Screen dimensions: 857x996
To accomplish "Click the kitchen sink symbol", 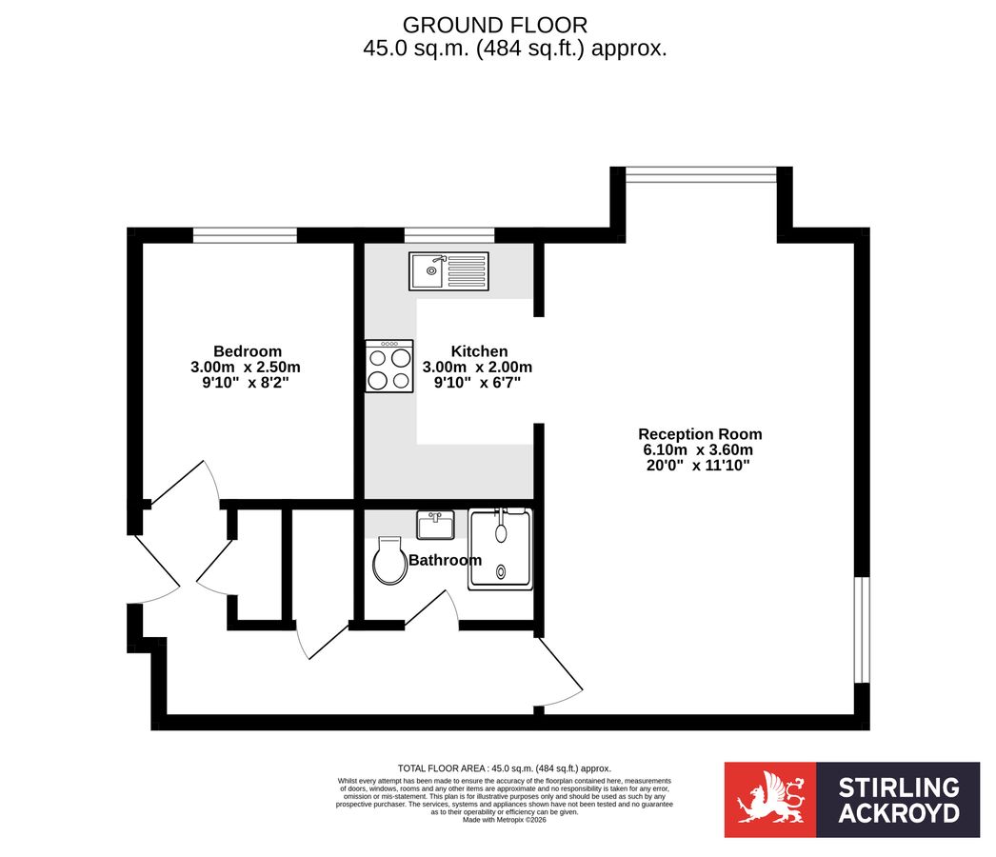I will (x=448, y=271).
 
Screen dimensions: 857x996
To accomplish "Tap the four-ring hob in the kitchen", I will (x=389, y=367).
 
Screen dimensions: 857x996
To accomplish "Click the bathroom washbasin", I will (x=435, y=525).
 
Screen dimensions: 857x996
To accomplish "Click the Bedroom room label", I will (x=247, y=351).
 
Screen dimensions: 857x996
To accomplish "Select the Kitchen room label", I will (x=479, y=351).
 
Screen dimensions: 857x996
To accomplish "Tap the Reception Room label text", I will (x=700, y=434).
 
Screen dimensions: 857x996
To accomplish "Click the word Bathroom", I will (x=445, y=561).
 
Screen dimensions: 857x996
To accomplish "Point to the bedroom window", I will (x=245, y=233).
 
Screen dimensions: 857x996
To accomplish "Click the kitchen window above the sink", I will (x=448, y=233).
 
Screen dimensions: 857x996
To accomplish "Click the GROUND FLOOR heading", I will (x=494, y=25).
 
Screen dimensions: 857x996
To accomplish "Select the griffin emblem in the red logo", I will (x=769, y=799).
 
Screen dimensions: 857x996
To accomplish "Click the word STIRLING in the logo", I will (x=898, y=787).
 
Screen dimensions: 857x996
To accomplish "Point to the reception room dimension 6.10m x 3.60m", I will (x=700, y=450).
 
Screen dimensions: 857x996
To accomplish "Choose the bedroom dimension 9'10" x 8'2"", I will (x=247, y=383).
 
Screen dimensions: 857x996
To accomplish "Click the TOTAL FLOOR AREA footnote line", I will (x=504, y=768).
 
